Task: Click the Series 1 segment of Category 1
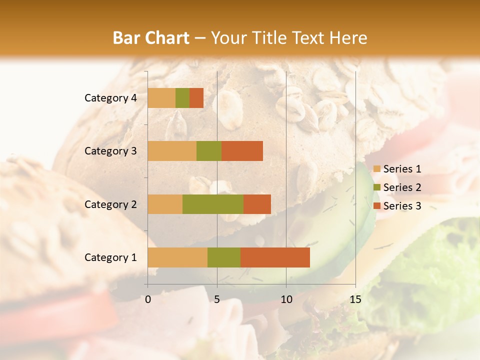pos(177,257)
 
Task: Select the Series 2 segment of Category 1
pos(224,257)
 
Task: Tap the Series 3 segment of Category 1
pos(275,257)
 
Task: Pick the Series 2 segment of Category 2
pos(213,204)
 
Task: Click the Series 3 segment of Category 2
pos(257,204)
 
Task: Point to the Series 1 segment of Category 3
pos(172,151)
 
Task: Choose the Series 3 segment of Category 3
pos(242,151)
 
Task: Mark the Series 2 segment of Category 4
pos(182,98)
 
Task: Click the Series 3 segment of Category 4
pos(196,98)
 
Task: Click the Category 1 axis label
pos(110,257)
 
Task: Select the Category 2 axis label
pos(110,204)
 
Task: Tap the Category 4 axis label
pos(110,98)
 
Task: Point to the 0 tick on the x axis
pos(148,299)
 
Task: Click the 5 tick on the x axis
pos(217,299)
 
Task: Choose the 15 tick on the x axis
pos(355,299)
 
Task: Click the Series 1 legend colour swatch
pos(377,169)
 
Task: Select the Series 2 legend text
pos(402,187)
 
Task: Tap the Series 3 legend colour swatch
pos(377,206)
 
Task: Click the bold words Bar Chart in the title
pos(151,38)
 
